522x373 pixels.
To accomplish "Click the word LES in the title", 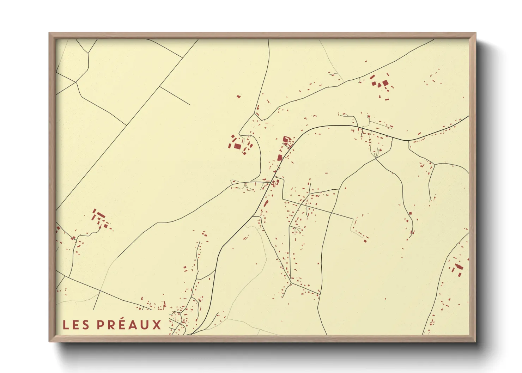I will tap(76, 325).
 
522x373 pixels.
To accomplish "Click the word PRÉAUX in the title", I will tap(129, 325).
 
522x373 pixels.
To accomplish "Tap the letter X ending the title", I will tap(157, 325).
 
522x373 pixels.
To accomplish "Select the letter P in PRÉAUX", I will tap(101, 325).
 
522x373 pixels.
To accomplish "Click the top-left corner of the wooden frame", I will tap(49, 33).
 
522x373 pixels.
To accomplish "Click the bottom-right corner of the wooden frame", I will tap(475, 341).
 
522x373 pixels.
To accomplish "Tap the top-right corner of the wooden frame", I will tap(475, 33).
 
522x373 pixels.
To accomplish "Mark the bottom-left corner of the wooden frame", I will tap(49, 341).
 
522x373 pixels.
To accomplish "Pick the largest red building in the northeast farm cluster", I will tap(385, 83).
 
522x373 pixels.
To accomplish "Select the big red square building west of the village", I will tap(238, 146).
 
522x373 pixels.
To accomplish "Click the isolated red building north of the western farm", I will tap(238, 96).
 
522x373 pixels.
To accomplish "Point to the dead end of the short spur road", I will tap(190, 105).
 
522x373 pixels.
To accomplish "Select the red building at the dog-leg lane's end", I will tap(366, 241).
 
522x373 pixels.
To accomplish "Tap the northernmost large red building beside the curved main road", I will tap(286, 139).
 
